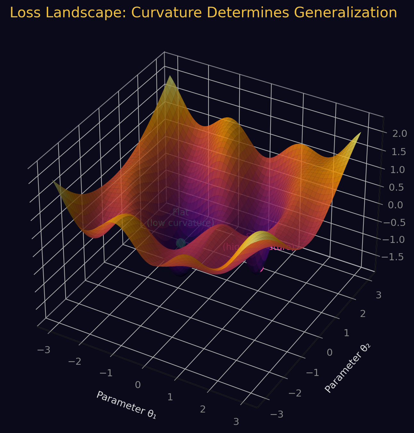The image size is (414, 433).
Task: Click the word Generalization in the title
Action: click(x=345, y=13)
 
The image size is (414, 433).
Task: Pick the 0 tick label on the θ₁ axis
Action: click(x=138, y=385)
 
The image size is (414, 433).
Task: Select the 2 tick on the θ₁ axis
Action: click(x=203, y=409)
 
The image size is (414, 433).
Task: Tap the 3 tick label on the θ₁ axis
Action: click(x=236, y=422)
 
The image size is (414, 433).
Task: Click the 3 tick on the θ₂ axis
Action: click(x=378, y=295)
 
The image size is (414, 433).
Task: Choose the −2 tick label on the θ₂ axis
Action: click(x=295, y=393)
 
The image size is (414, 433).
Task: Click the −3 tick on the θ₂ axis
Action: click(x=277, y=414)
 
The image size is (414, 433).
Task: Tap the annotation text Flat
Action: click(x=180, y=212)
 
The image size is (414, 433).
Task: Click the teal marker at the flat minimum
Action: click(x=181, y=243)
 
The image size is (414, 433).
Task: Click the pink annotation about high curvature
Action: click(x=258, y=247)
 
